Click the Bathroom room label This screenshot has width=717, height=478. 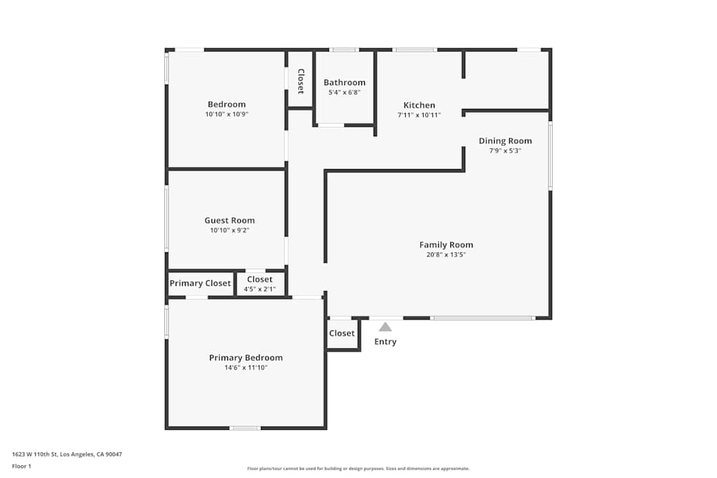coord(344,82)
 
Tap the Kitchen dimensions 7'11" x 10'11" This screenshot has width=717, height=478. coord(419,115)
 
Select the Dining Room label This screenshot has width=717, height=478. coord(505,140)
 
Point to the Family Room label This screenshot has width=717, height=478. coord(446,245)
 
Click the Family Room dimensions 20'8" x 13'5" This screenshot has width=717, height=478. coord(446,255)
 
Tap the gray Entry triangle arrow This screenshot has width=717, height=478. coord(386,327)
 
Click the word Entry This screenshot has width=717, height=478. coord(386,342)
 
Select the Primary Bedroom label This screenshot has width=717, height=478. coord(246,358)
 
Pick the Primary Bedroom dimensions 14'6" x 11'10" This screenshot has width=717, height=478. coord(246,368)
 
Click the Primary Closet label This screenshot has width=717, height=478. coord(200,283)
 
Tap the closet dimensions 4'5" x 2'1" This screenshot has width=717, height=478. coord(260,290)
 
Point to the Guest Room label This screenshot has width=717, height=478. coord(229,220)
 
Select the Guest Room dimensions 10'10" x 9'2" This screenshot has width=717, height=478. coord(229,230)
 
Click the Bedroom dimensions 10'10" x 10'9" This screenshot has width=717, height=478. coord(227,114)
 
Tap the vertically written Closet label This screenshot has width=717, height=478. coord(301,82)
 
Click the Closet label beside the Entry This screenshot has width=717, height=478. coord(342,333)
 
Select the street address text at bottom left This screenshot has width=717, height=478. coord(67,454)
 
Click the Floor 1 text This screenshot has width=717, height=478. coord(22,466)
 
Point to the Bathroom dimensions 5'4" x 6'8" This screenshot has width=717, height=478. coord(344,92)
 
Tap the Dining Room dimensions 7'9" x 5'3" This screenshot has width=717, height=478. coord(505,150)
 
